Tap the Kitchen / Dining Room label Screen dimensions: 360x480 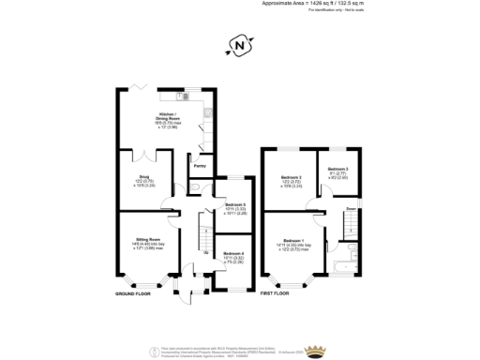(169, 118)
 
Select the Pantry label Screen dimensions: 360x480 (200, 162)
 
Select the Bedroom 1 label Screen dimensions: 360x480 (295, 242)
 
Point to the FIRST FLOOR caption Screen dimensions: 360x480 (275, 293)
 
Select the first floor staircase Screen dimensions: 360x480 (348, 225)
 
